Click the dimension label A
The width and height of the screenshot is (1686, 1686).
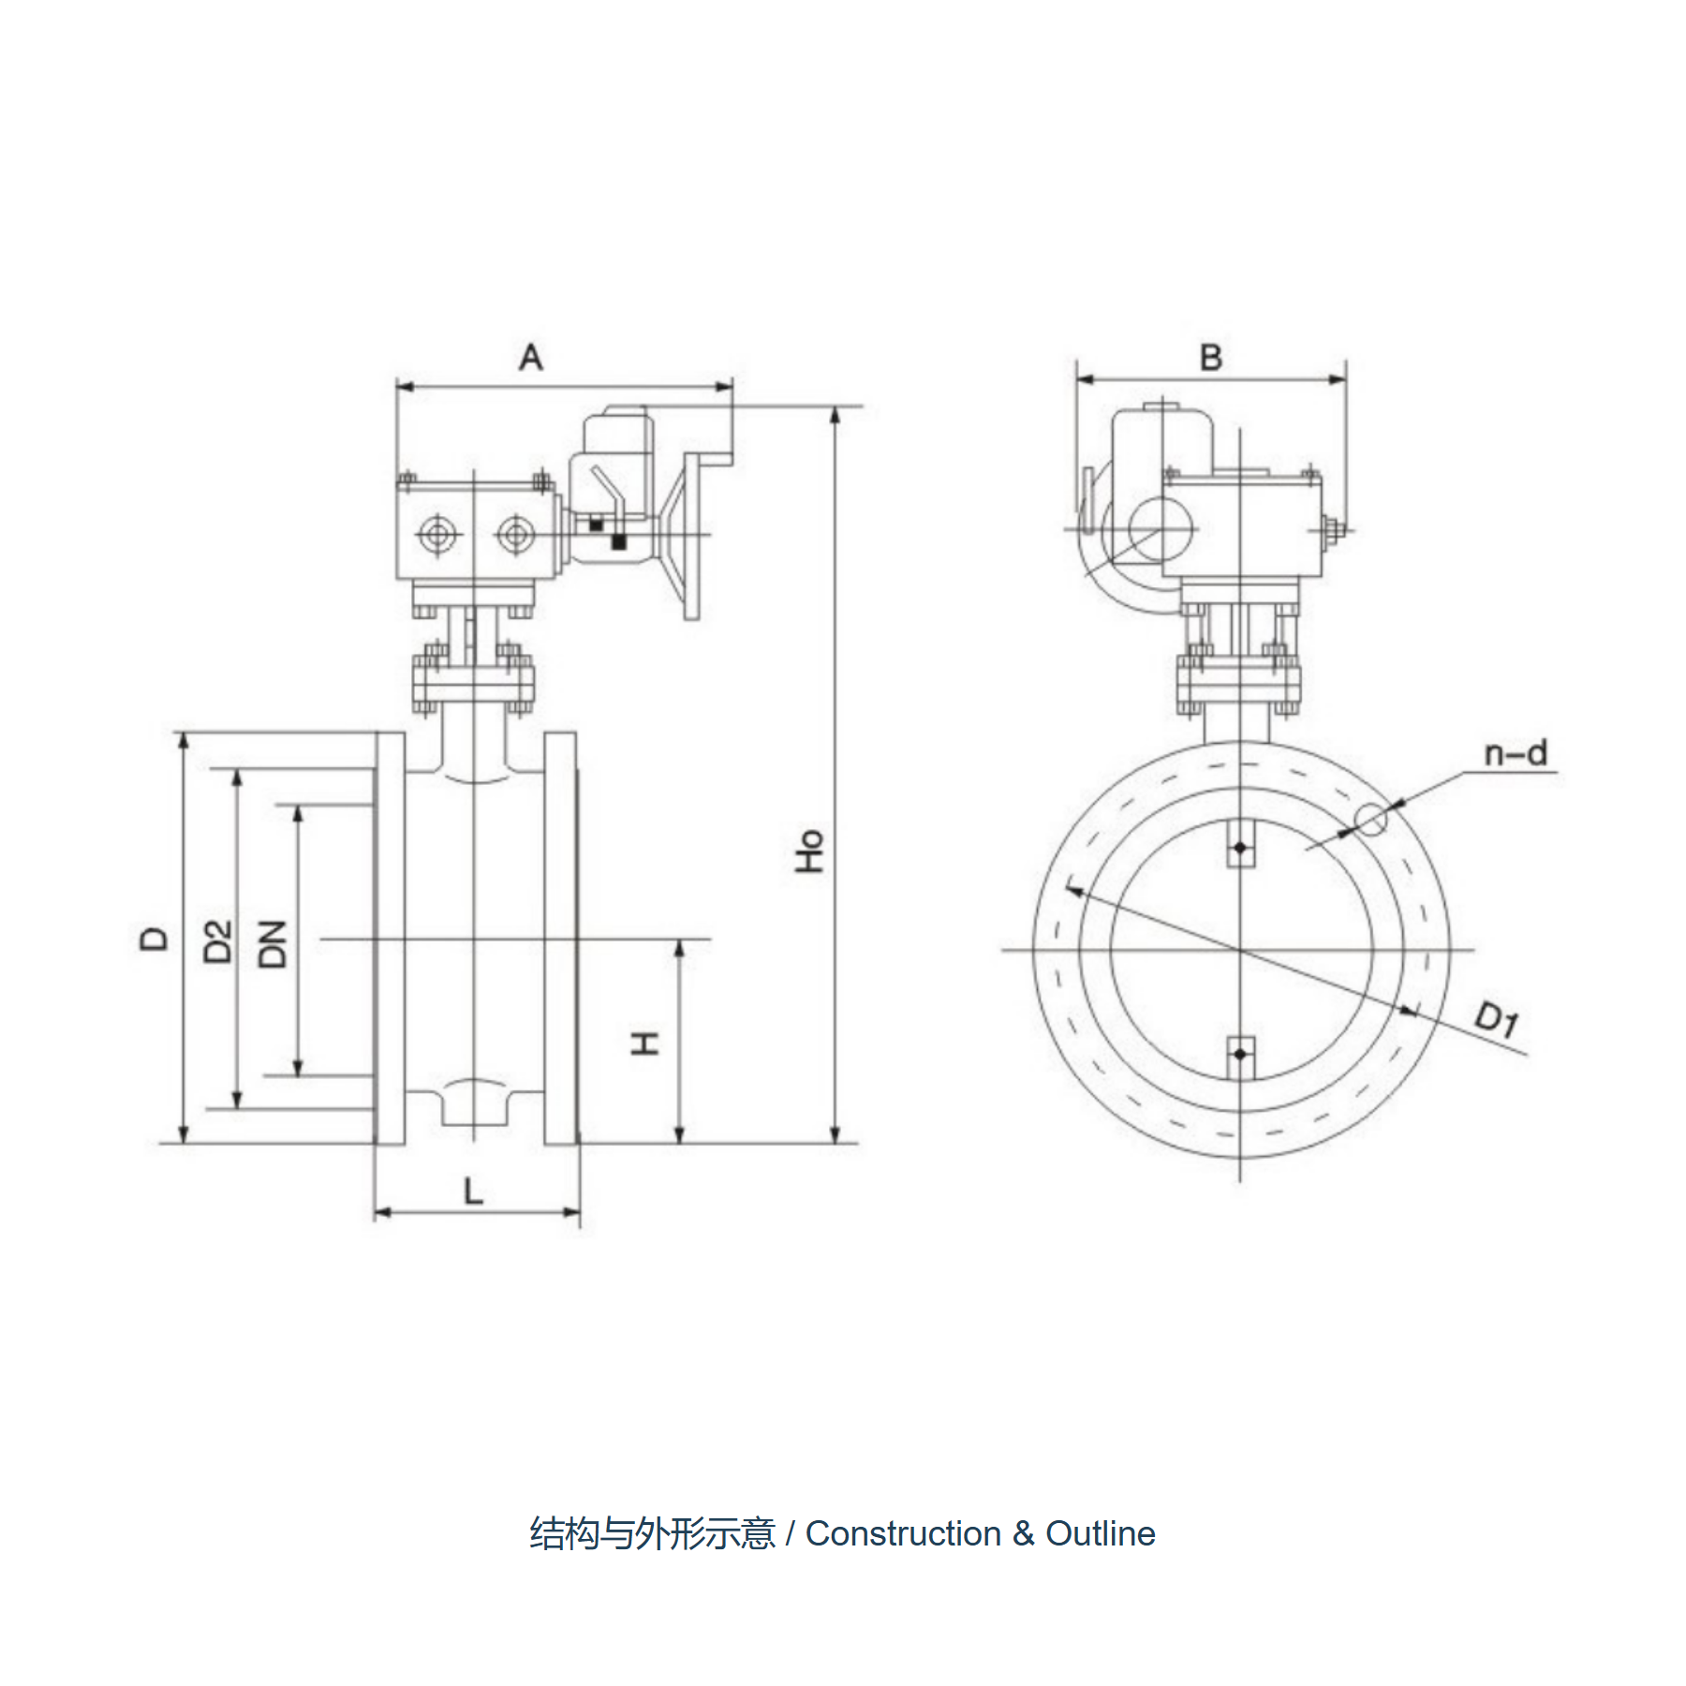pos(531,357)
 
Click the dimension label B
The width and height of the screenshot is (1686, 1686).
pos(1211,357)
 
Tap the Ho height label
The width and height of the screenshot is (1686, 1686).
pos(809,851)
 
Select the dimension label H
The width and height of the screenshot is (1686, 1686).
pos(645,1043)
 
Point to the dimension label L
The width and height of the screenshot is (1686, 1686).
pos(474,1191)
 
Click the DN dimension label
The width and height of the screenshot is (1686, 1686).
pos(273,944)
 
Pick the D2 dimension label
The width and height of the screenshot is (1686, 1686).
pos(217,941)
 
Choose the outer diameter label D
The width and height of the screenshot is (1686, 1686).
pos(154,938)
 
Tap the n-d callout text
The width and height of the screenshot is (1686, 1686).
pos(1516,753)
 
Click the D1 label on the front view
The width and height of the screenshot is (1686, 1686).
pos(1497,1019)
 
